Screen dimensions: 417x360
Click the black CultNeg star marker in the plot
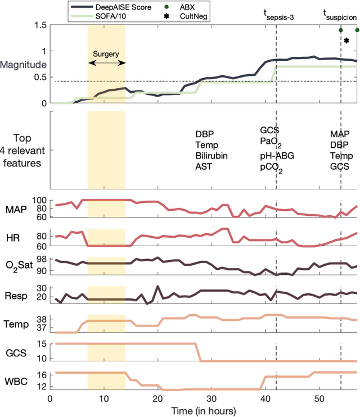coord(346,40)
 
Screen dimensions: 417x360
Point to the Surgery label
coord(106,55)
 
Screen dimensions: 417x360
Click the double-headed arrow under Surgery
coord(106,65)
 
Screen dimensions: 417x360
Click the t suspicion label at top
coord(341,13)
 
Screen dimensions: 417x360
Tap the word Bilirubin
coord(211,156)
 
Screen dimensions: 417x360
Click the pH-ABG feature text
coord(275,156)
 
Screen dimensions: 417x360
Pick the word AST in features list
coord(204,166)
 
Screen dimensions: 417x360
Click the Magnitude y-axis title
coord(23,65)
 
